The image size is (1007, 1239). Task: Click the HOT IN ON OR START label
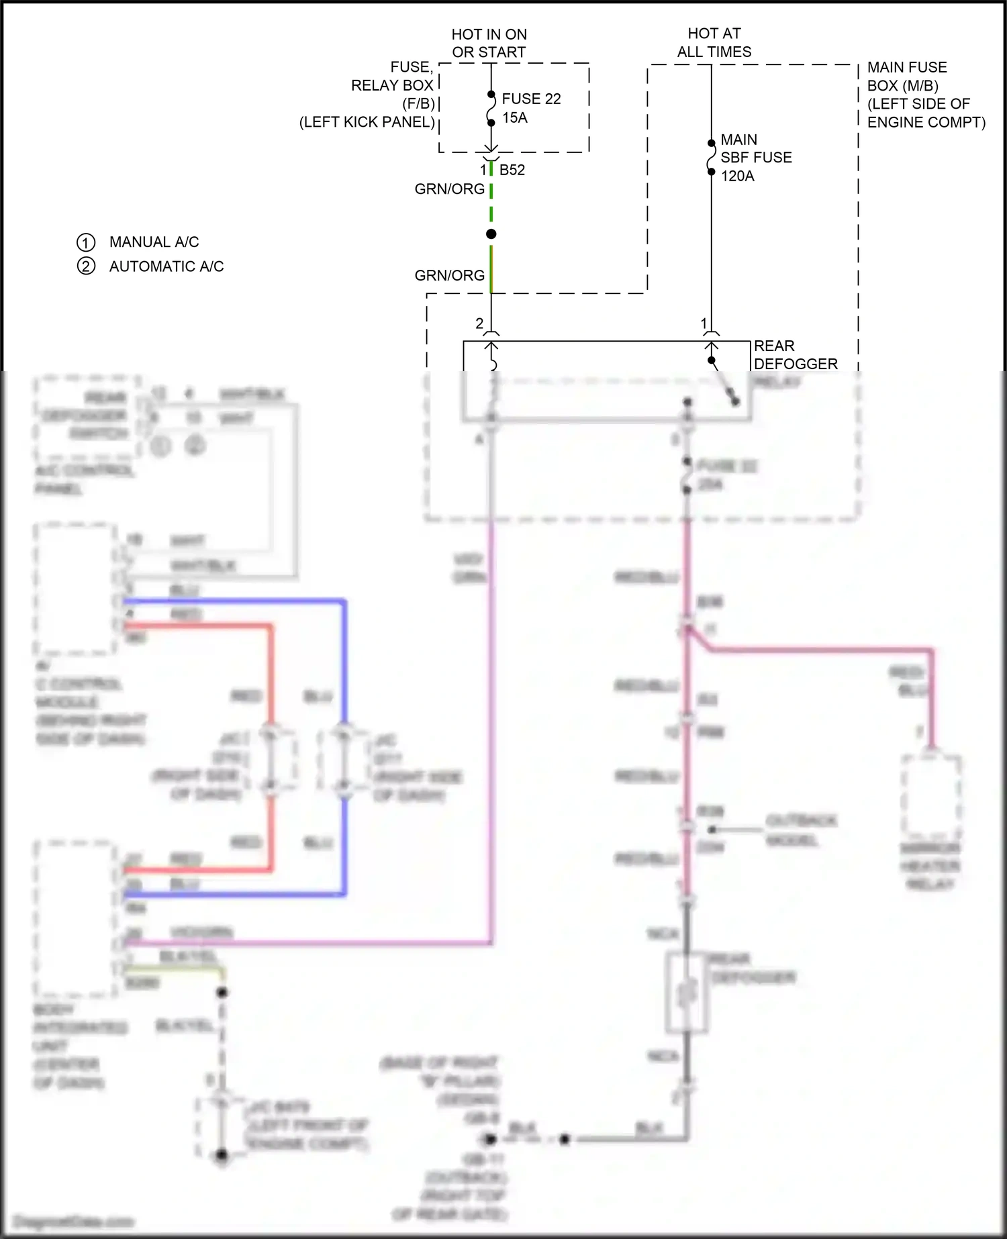489,43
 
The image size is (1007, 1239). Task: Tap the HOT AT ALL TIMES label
714,42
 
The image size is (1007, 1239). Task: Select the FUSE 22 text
531,99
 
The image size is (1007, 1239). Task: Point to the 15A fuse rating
515,117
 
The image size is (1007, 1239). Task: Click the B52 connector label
512,170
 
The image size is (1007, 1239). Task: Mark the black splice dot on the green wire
491,234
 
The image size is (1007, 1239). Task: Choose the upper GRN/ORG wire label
449,189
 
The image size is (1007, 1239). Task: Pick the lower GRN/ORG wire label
449,275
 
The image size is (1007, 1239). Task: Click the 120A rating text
737,176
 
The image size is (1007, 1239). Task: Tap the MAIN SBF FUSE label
755,148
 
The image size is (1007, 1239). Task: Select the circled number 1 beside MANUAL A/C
86,242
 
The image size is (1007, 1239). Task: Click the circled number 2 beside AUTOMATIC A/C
86,266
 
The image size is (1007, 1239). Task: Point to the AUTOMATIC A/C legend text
166,266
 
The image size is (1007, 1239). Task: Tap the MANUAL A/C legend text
154,242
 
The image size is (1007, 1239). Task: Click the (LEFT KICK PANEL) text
367,122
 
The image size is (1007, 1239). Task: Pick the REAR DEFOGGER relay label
795,355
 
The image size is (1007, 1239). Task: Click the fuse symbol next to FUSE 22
491,109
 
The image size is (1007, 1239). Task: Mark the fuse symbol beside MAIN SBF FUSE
712,157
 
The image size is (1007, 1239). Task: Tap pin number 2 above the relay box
479,324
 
